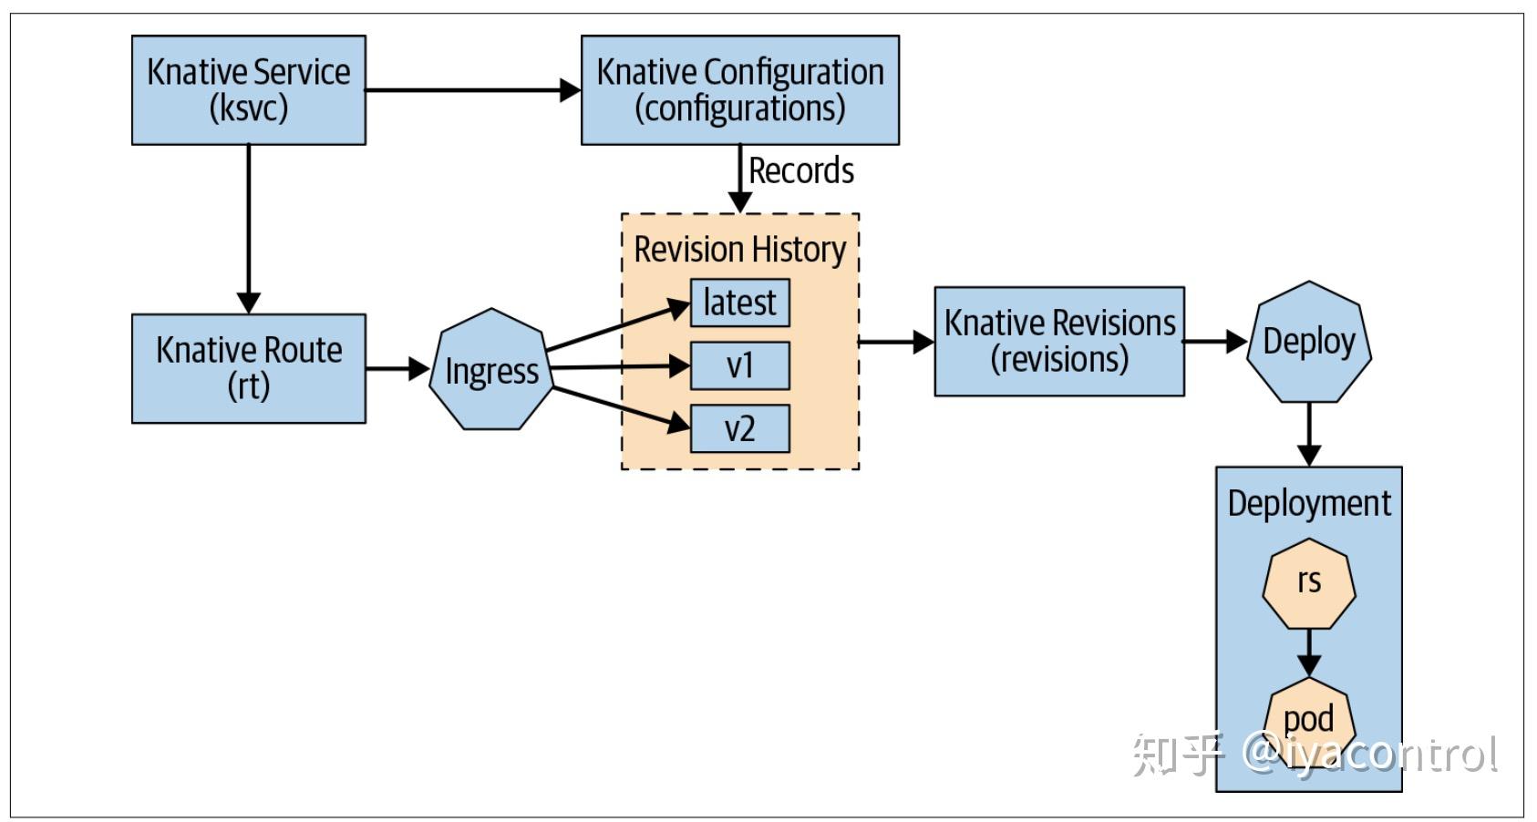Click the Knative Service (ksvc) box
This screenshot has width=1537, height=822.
tap(248, 89)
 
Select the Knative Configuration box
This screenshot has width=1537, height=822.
tap(739, 89)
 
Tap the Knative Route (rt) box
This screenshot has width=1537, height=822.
tap(248, 368)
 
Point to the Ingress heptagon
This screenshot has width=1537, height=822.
tap(491, 370)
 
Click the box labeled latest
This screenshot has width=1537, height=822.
tap(739, 303)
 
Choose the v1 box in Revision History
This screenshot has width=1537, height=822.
tap(739, 365)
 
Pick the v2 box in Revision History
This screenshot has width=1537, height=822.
tap(739, 428)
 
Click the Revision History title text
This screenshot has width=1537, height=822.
tap(739, 250)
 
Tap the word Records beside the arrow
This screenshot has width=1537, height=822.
tap(800, 171)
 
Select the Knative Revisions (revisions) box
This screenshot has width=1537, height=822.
tap(1058, 341)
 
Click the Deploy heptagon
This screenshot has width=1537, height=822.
tap(1308, 342)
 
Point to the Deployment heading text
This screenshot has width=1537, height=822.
tap(1308, 503)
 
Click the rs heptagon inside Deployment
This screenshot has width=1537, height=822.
tap(1308, 582)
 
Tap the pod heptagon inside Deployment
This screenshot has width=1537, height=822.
tap(1308, 720)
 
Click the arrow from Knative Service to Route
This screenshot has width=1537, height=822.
tap(248, 228)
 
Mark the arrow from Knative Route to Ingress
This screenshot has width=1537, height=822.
tap(397, 369)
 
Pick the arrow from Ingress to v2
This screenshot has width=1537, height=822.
tap(620, 407)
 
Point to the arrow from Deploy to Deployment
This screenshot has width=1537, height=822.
tap(1308, 434)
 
